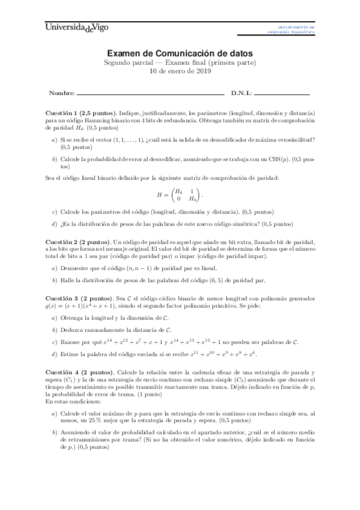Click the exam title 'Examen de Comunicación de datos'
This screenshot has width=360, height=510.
[x=180, y=53]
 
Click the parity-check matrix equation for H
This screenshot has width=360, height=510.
[x=180, y=195]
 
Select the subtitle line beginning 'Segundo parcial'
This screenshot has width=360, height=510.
[x=180, y=63]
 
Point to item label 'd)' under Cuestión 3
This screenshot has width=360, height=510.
[x=55, y=354]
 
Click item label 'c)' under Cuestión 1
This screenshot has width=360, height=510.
[x=55, y=212]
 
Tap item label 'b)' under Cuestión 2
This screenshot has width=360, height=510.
[x=55, y=280]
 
